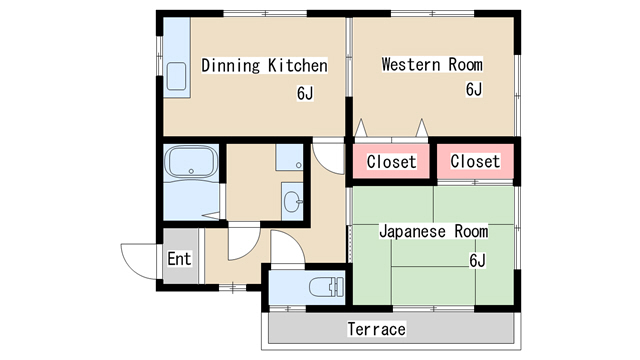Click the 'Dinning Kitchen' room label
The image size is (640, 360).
pyautogui.click(x=264, y=66)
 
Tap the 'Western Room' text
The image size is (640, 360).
pyautogui.click(x=432, y=65)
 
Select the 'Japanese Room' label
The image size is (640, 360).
pyautogui.click(x=433, y=231)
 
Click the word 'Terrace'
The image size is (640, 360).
pyautogui.click(x=376, y=329)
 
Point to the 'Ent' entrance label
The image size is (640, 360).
pyautogui.click(x=179, y=259)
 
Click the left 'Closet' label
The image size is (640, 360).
pyautogui.click(x=391, y=162)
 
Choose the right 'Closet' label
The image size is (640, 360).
pyautogui.click(x=475, y=161)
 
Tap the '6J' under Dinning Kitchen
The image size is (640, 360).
pyautogui.click(x=305, y=94)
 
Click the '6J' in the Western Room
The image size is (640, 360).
pyautogui.click(x=474, y=89)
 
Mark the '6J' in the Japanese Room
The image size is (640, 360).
pyautogui.click(x=477, y=261)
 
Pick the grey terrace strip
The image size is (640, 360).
pyautogui.click(x=300, y=329)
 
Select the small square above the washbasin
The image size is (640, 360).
pyautogui.click(x=288, y=158)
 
